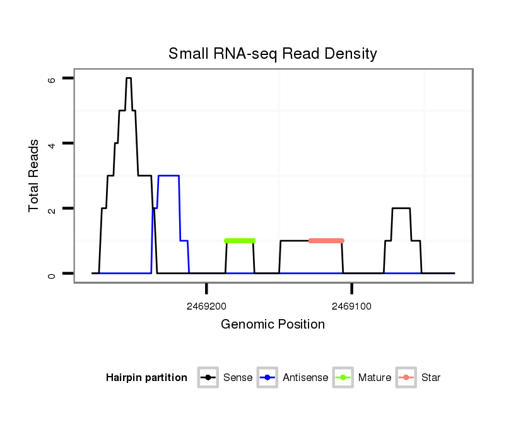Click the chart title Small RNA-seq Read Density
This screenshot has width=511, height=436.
[273, 54]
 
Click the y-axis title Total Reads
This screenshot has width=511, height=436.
[34, 176]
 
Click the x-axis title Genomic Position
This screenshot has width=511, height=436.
[273, 325]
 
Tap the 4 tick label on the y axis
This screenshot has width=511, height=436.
[52, 144]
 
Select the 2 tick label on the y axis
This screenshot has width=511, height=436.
[52, 209]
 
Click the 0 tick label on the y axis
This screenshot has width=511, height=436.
[52, 274]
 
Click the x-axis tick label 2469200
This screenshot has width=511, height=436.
[206, 306]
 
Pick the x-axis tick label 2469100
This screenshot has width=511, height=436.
[351, 306]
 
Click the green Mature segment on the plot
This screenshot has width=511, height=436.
[240, 241]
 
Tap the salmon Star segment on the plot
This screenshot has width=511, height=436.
[326, 241]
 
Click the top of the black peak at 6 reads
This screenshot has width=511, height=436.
[129, 78]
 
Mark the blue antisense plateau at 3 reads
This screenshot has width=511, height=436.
[168, 176]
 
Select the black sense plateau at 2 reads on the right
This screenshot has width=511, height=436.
[401, 209]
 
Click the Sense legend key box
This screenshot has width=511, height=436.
[208, 378]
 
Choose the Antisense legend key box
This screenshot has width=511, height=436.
[267, 378]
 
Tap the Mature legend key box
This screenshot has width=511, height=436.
[343, 378]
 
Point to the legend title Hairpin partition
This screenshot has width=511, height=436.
[146, 378]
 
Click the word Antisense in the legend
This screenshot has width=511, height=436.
[305, 378]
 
